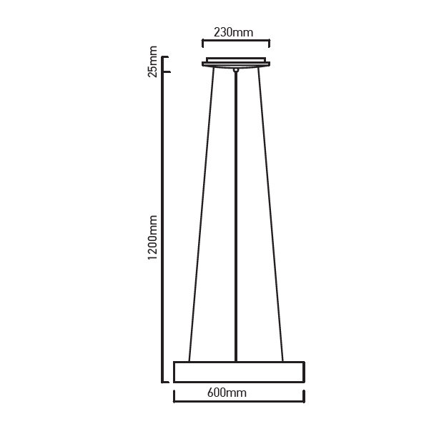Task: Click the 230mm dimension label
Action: point(233,32)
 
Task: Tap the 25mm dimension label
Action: point(152,61)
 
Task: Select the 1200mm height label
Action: point(152,237)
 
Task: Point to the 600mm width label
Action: point(227,393)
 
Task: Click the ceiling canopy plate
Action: point(236,64)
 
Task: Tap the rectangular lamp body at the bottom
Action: point(239,372)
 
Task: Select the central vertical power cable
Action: point(236,217)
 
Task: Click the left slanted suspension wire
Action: point(202,214)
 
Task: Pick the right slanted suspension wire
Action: point(270,214)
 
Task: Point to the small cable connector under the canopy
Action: point(236,70)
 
